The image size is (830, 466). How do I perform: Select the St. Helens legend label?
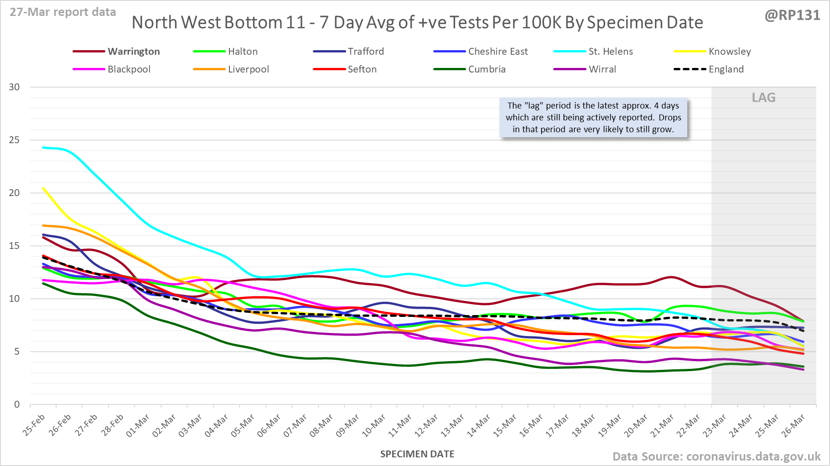coord(610,52)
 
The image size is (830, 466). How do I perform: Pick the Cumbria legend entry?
coord(487,69)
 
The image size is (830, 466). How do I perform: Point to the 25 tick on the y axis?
coord(15,140)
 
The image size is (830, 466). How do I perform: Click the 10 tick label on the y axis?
coord(15,299)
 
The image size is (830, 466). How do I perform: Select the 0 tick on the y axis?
coord(17,404)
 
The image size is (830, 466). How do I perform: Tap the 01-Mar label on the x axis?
coord(138,426)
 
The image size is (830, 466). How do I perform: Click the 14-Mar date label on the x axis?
coord(479,426)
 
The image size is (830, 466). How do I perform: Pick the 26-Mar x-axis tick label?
coord(794,426)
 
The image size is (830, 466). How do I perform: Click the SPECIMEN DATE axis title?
coord(417,454)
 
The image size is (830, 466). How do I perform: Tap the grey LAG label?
coord(763,98)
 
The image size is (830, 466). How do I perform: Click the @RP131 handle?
coord(792,16)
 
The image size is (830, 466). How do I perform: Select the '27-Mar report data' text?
coord(63,12)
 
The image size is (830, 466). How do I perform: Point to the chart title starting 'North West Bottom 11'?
coord(417,22)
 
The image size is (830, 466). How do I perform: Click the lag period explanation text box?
coord(593,118)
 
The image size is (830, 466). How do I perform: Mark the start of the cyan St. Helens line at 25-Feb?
coord(43,147)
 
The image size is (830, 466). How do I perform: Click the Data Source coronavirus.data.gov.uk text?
coord(716,456)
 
